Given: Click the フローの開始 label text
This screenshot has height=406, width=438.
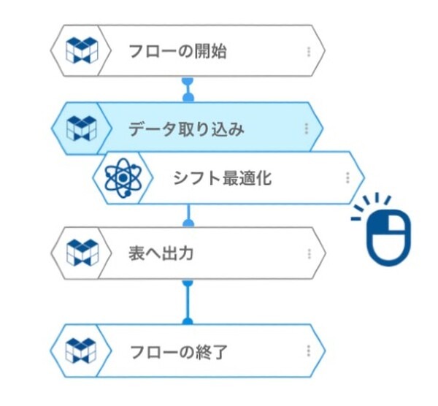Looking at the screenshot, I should [177, 52].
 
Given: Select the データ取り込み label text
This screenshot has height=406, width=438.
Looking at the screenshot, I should [186, 129].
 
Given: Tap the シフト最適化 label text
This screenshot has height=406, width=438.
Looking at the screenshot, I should [222, 177].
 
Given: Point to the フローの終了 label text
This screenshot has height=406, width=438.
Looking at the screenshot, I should [178, 351].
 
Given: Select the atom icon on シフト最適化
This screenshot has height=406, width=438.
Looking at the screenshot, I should [121, 177].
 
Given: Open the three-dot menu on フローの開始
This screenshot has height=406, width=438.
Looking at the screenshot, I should [309, 52].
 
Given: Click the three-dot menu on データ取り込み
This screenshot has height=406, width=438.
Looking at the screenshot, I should [307, 129].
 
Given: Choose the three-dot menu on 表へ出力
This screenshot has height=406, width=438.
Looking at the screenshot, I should [309, 253].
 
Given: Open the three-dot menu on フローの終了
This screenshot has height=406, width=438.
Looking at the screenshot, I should [309, 351].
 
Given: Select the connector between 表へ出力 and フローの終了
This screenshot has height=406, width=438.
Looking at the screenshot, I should [188, 301].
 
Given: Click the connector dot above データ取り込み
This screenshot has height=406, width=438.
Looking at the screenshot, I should [188, 96].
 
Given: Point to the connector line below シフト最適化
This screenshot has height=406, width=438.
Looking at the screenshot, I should [188, 215].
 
